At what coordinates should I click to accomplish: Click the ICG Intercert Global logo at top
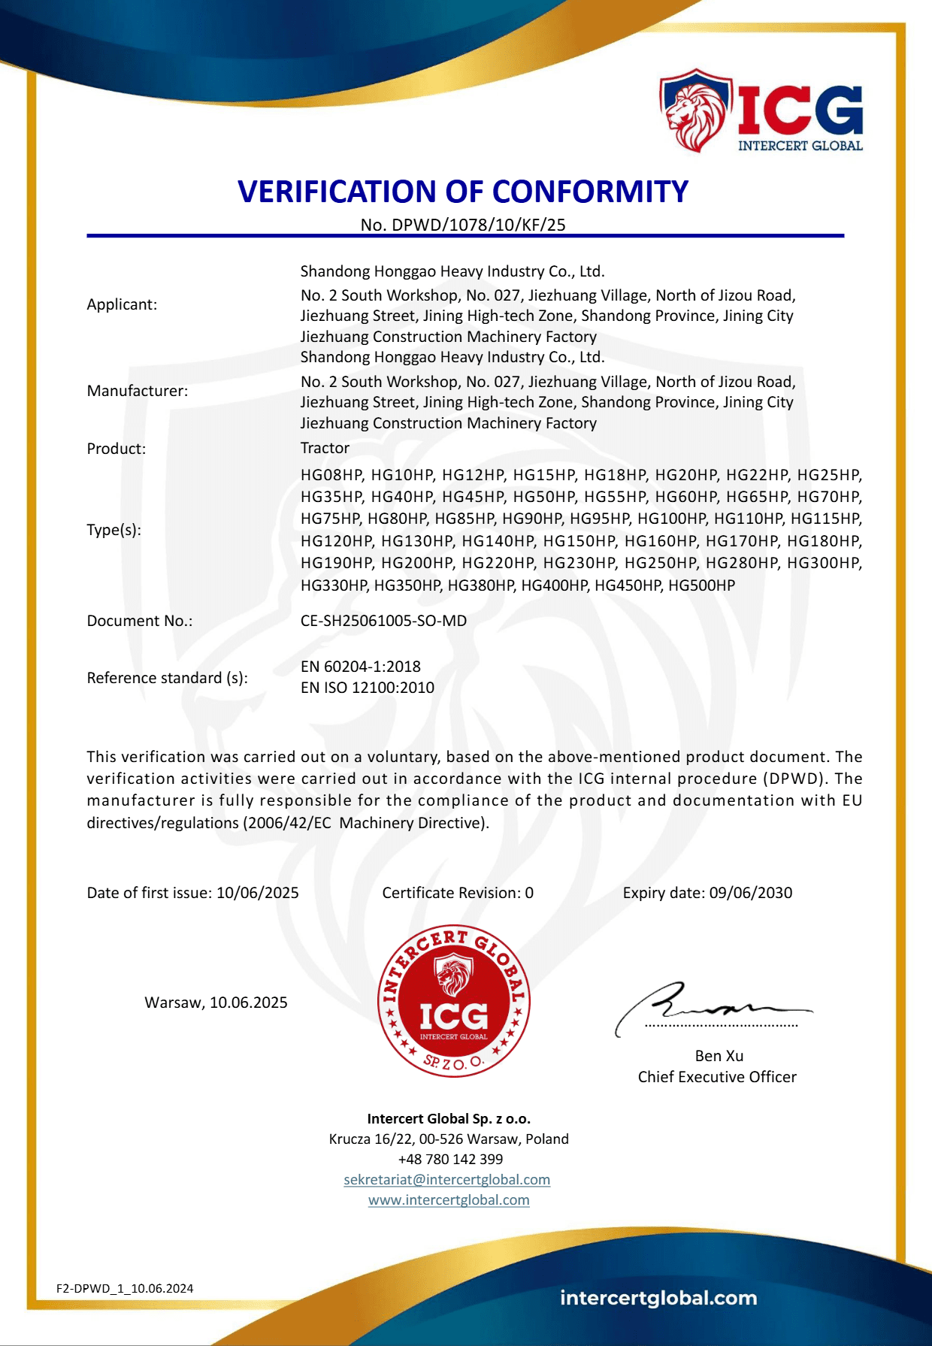click(x=761, y=111)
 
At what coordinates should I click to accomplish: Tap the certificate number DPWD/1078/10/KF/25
click(x=478, y=225)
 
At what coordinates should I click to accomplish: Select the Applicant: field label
click(x=122, y=304)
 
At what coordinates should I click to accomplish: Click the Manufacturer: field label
click(x=138, y=391)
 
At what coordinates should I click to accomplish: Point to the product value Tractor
click(x=325, y=448)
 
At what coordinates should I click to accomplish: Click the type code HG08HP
click(x=331, y=475)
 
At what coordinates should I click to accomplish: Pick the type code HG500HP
click(x=701, y=585)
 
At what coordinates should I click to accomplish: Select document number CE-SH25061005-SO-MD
click(x=383, y=621)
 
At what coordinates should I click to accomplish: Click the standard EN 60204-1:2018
click(x=361, y=667)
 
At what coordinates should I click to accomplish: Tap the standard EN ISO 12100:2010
click(x=368, y=688)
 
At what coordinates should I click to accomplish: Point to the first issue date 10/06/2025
click(x=257, y=893)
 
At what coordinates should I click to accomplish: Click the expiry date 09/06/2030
click(x=750, y=893)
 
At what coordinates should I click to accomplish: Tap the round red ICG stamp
click(x=454, y=1001)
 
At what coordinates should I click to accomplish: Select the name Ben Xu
click(x=719, y=1056)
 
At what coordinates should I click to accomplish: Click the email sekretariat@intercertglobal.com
click(x=447, y=1180)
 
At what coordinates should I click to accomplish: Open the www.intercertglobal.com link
click(x=449, y=1200)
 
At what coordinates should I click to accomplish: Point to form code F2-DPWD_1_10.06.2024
click(x=125, y=1288)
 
